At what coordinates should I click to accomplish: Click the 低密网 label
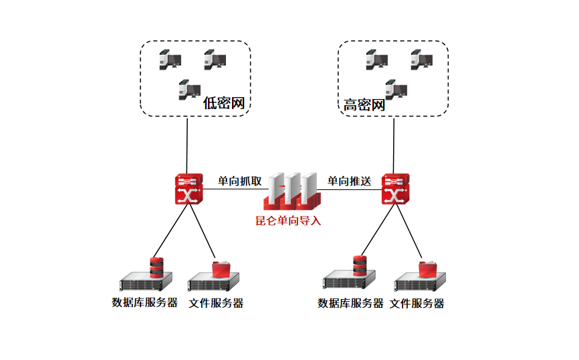[x=222, y=103]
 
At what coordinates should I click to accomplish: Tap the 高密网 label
[x=364, y=105]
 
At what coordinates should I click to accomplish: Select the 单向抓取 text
[x=239, y=181]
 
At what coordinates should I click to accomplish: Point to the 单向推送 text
[x=348, y=181]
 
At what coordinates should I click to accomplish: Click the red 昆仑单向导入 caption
[x=288, y=221]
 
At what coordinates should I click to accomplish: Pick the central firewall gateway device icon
[x=292, y=190]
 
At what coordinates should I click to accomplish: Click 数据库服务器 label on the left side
[x=144, y=302]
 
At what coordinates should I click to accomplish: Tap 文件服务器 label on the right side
[x=417, y=303]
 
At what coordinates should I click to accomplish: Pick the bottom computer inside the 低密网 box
[x=190, y=90]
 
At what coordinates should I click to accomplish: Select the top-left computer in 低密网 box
[x=170, y=60]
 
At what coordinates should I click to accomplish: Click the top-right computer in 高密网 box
[x=421, y=60]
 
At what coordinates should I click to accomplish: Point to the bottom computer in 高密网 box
[x=396, y=89]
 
